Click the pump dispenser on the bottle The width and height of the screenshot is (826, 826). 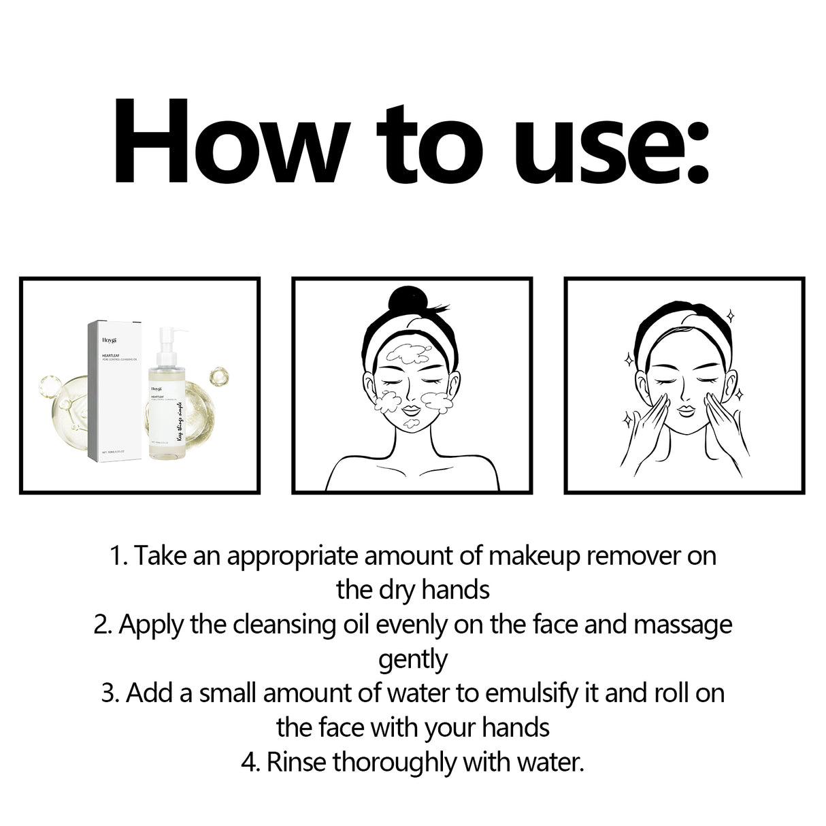pos(169,338)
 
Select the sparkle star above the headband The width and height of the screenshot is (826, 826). pos(729,315)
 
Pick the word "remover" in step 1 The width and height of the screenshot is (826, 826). pos(633,556)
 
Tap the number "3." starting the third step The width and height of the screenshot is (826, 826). pos(110,694)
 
